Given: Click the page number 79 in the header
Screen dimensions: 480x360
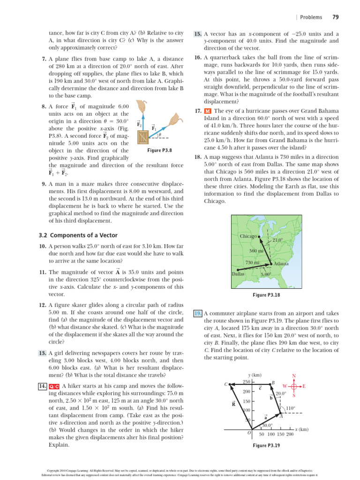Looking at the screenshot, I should (335, 17).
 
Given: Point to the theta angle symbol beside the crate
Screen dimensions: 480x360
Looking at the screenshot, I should (160, 135).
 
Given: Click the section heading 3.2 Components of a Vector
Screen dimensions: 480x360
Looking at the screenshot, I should (78, 235).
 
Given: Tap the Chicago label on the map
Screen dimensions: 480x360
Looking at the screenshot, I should (248, 236).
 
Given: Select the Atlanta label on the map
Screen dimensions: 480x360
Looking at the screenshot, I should (280, 264).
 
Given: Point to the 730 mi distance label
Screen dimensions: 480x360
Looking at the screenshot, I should (253, 262).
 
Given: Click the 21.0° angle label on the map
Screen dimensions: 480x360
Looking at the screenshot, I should (277, 240).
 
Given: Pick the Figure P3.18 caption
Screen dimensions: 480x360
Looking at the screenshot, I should (266, 295).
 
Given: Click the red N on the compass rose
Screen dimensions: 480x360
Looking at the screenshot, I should (294, 376).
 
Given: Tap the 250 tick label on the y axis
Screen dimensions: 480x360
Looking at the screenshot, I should (246, 382).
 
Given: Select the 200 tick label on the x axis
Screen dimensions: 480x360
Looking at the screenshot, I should (290, 435).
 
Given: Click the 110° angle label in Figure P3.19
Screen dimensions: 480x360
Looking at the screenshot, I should (290, 408).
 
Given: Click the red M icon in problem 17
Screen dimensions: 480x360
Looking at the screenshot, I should (208, 111).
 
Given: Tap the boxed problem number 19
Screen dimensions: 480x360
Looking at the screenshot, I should (198, 313).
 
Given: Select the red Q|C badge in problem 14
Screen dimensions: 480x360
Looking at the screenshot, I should (53, 386).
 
